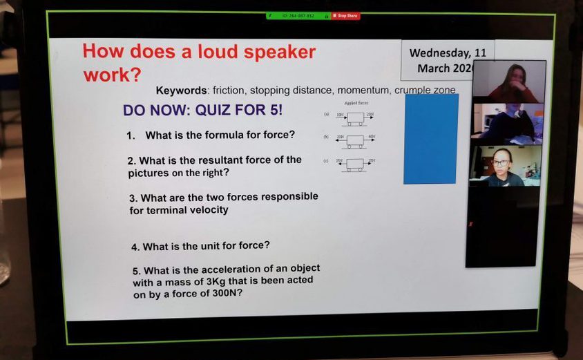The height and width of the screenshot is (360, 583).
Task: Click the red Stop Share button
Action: [345, 16]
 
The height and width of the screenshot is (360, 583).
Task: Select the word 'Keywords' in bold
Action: [181, 91]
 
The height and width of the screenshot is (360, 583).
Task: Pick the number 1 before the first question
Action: [130, 135]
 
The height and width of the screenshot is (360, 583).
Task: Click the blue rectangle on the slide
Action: [430, 138]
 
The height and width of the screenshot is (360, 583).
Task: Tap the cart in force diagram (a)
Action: [354, 118]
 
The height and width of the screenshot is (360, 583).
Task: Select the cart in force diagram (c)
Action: [354, 164]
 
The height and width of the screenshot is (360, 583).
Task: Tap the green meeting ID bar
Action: [298, 16]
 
